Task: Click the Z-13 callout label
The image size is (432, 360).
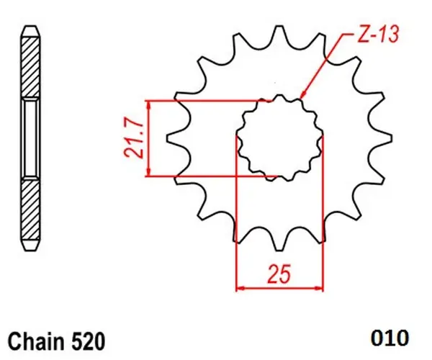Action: (378, 35)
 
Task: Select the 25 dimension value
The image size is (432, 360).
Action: (279, 274)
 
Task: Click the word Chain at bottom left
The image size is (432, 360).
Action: (36, 341)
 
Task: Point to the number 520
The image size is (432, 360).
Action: (89, 341)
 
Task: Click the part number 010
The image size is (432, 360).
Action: (390, 338)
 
